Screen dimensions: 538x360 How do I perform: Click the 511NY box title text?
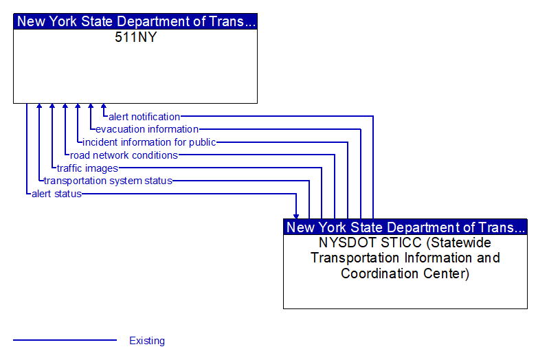point(136,37)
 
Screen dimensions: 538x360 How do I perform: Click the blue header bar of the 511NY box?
point(135,21)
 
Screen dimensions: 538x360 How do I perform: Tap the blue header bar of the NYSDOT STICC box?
point(405,227)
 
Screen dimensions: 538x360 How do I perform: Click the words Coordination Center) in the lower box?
point(405,273)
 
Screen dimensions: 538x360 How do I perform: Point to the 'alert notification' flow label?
point(144,117)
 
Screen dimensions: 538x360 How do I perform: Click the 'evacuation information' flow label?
point(147,129)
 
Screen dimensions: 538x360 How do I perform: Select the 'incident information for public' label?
point(149,142)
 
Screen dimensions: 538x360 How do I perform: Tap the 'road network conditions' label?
point(124,155)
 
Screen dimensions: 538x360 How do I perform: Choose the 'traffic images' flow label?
point(87,168)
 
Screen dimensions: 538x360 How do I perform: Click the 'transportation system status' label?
point(108,181)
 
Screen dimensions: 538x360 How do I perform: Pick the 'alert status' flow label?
point(56,194)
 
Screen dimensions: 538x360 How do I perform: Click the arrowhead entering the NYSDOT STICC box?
point(296,216)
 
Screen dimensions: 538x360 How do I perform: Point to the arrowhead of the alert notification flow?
point(104,106)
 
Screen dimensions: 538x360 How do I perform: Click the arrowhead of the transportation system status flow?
point(39,106)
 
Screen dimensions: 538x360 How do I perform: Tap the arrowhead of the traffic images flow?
point(52,106)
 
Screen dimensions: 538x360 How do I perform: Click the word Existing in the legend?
point(147,341)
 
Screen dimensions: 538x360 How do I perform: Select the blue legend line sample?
point(65,340)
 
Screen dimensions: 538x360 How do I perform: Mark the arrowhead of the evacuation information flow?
point(91,106)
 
